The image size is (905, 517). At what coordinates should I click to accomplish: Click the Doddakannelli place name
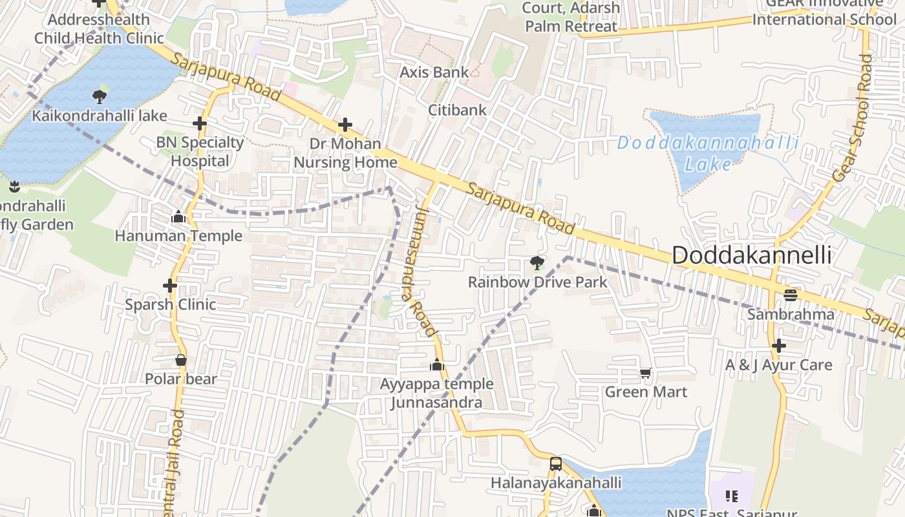click(x=752, y=255)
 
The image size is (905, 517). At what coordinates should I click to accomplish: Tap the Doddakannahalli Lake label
click(x=708, y=153)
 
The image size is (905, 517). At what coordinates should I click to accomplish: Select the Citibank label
click(x=457, y=110)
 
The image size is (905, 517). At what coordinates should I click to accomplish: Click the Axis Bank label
click(x=434, y=72)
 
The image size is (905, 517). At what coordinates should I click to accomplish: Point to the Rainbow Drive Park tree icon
click(x=537, y=262)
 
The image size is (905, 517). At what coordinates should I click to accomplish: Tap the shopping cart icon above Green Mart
click(x=645, y=373)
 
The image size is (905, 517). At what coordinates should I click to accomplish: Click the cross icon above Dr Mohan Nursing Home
click(x=345, y=124)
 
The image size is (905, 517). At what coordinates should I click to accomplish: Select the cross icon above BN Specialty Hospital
click(x=200, y=123)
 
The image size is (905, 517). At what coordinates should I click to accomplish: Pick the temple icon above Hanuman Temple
click(x=178, y=217)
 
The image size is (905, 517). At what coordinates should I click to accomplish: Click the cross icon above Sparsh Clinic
click(x=170, y=285)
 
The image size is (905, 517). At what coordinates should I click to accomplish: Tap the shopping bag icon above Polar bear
click(x=181, y=360)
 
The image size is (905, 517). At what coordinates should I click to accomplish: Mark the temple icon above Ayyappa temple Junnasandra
click(x=437, y=365)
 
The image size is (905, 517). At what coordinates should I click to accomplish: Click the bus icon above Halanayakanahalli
click(x=555, y=463)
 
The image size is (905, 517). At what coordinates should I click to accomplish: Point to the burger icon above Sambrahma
click(x=790, y=295)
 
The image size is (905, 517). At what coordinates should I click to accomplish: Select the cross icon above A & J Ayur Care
click(x=779, y=346)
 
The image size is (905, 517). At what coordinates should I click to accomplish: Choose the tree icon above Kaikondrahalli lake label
click(x=99, y=97)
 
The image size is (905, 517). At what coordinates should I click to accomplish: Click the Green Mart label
click(x=646, y=392)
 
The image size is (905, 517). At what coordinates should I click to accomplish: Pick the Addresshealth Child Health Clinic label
click(x=99, y=29)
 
